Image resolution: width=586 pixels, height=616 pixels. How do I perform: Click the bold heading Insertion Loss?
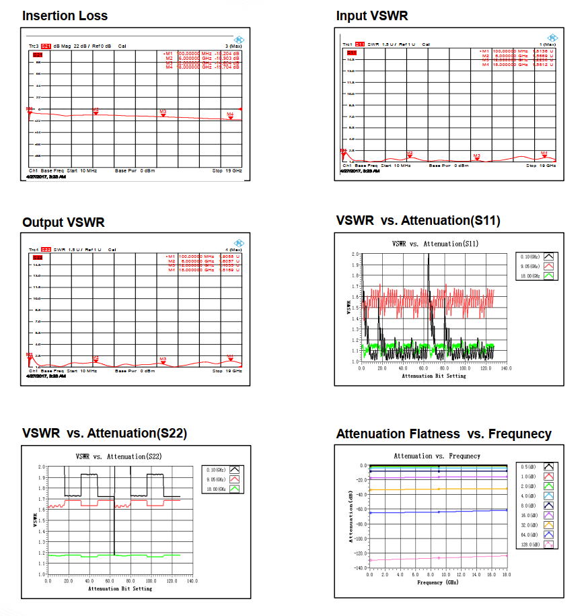pos(65,15)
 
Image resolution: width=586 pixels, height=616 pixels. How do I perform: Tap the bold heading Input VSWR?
pos(371,15)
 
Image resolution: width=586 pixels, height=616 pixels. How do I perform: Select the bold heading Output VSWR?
pos(63,222)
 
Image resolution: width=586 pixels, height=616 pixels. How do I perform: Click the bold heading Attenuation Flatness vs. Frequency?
pos(443,434)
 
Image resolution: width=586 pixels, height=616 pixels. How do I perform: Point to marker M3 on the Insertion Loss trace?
pos(163,114)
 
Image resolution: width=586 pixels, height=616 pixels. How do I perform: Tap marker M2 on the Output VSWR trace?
pos(96,360)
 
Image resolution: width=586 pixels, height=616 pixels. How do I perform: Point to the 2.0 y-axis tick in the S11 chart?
pos(355,254)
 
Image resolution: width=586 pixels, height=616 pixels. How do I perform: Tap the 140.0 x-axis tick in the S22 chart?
pos(192,581)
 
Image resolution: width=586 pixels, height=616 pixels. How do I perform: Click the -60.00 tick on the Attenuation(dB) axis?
pos(358,510)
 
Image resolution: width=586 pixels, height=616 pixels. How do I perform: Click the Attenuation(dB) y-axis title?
pos(351,516)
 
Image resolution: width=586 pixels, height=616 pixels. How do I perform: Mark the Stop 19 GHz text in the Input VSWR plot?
pos(541,165)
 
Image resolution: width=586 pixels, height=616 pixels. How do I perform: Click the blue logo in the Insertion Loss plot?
pos(239,38)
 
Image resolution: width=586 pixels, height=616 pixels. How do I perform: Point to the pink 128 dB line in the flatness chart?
pos(437,558)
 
